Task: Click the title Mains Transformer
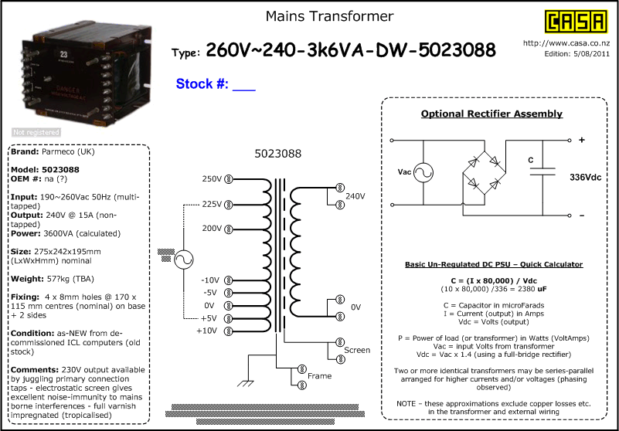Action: (x=330, y=16)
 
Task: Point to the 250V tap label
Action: (x=211, y=180)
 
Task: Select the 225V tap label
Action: (x=211, y=205)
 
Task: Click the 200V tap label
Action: (x=211, y=229)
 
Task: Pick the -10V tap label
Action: (x=209, y=280)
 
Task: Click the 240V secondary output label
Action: (x=355, y=196)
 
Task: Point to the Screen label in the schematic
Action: (x=357, y=350)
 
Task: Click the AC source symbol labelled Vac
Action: (x=424, y=173)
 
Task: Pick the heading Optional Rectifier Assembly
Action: (x=491, y=114)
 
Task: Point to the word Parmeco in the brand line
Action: (x=60, y=152)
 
